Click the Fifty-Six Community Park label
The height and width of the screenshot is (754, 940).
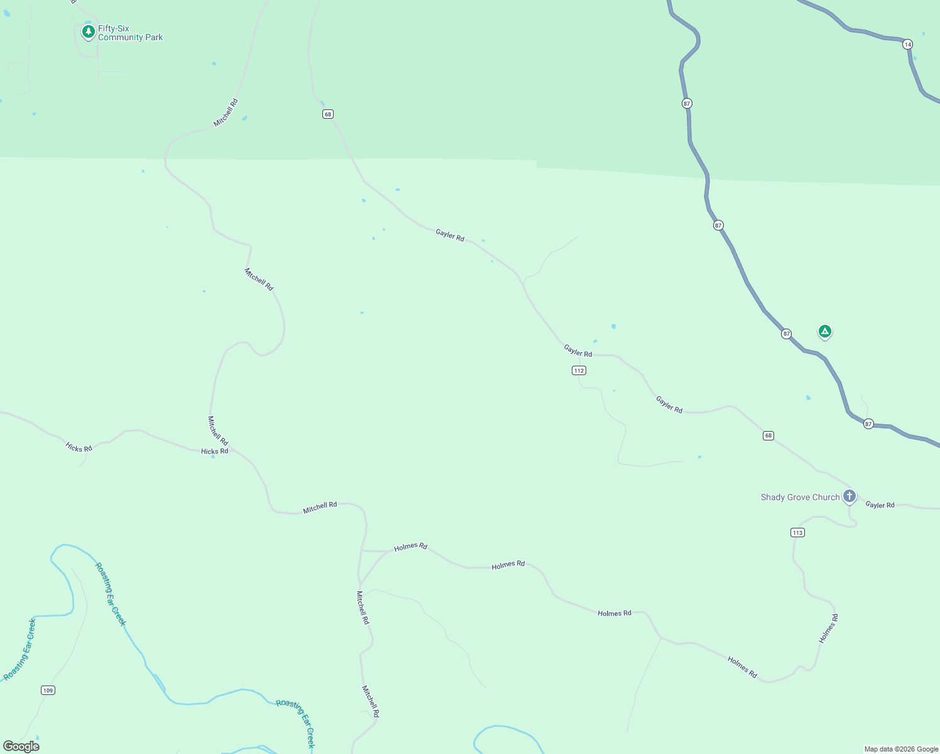pos(130,33)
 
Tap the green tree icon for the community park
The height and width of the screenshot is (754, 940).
pos(89,31)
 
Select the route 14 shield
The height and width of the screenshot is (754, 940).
pos(907,45)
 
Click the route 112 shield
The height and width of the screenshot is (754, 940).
pos(579,371)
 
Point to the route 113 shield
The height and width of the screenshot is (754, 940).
pos(797,533)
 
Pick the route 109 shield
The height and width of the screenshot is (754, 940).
pos(48,691)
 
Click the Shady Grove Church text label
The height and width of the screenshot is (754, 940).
pos(800,498)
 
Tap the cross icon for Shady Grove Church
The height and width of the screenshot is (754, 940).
pos(849,496)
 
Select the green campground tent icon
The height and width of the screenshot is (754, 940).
pos(824,331)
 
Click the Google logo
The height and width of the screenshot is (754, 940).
pos(21,746)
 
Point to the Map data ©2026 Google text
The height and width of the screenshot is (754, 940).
pos(901,749)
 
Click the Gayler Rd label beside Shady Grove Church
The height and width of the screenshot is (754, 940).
pos(880,505)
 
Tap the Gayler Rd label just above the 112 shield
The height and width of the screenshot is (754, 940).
pos(577,351)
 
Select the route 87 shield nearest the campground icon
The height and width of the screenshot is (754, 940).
pos(786,334)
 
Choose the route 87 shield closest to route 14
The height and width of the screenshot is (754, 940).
pos(686,103)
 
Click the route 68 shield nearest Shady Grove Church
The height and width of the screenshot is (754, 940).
pos(768,435)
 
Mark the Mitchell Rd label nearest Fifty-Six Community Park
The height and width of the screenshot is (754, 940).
pos(226,113)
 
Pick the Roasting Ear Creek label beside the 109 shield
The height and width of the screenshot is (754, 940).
pos(19,650)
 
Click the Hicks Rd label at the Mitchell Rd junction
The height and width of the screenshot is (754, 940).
pos(214,451)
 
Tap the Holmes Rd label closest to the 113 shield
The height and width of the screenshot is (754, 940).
pos(828,628)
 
